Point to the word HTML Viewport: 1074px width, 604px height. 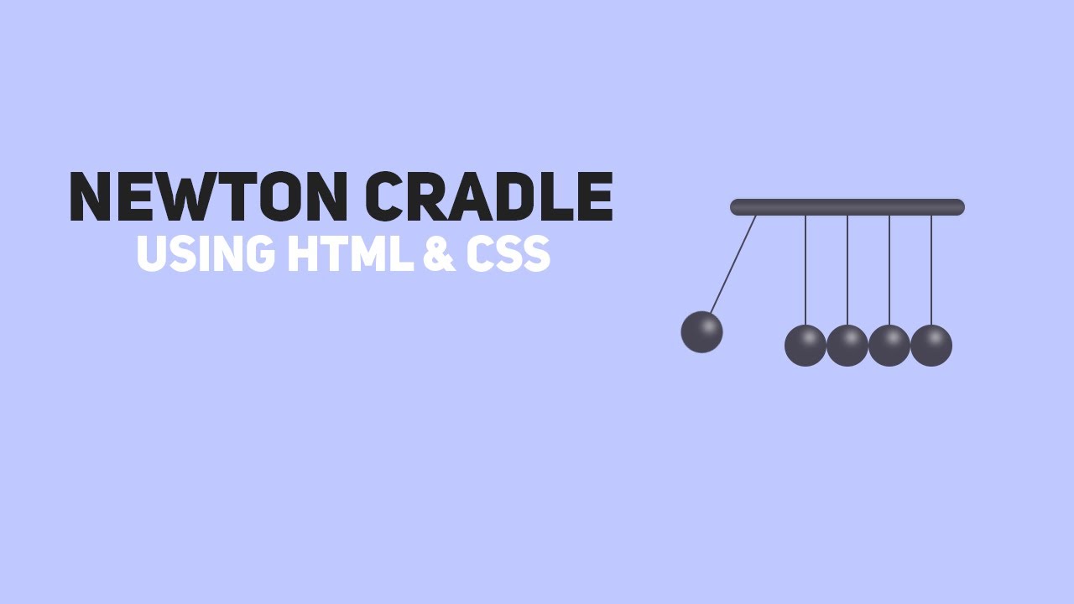point(350,253)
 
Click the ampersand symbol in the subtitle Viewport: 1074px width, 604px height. point(438,253)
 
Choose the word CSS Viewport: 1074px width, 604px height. point(508,253)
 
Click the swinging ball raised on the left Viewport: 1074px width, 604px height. point(701,332)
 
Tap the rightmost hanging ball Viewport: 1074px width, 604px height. point(931,346)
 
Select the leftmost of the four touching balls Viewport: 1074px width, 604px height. point(805,346)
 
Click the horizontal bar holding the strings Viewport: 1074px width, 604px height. point(847,207)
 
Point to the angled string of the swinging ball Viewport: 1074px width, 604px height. point(733,265)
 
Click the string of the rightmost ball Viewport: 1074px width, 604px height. point(931,268)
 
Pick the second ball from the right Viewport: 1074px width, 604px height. point(889,346)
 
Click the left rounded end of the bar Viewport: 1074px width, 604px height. point(736,207)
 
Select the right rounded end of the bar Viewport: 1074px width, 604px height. point(959,207)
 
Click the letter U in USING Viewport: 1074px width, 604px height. point(151,253)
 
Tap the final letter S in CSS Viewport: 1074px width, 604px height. point(535,253)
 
